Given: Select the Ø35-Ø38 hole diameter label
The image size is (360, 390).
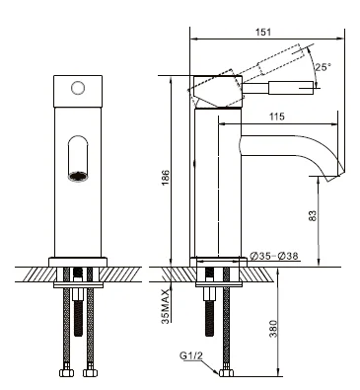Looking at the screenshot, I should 275,258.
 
